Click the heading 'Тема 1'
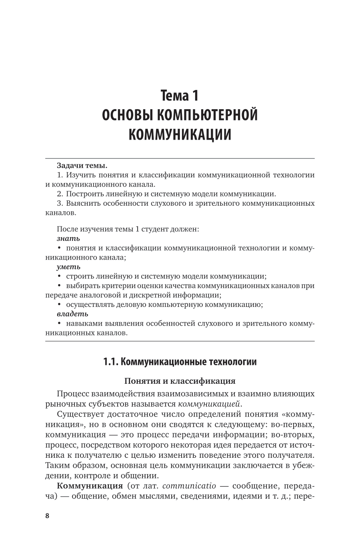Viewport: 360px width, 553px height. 180,96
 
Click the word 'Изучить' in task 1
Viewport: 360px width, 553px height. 79,175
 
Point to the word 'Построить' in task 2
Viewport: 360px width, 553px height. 84,194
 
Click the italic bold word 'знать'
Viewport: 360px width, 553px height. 68,238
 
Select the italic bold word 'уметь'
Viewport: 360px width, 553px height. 68,266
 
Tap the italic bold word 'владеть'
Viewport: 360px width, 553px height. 72,314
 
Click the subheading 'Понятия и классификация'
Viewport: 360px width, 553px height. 180,381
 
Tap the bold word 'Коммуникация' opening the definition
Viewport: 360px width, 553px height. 90,486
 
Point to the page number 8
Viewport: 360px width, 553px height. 47,516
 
